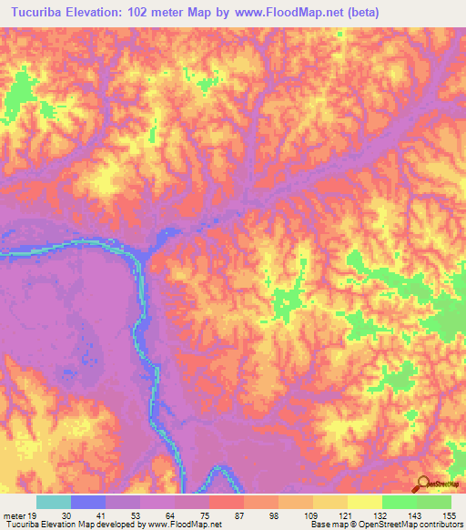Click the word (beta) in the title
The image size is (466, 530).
(x=361, y=12)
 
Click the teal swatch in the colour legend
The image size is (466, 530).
(x=54, y=502)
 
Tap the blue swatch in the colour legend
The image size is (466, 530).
(x=88, y=502)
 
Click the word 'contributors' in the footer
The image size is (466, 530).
(x=440, y=524)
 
